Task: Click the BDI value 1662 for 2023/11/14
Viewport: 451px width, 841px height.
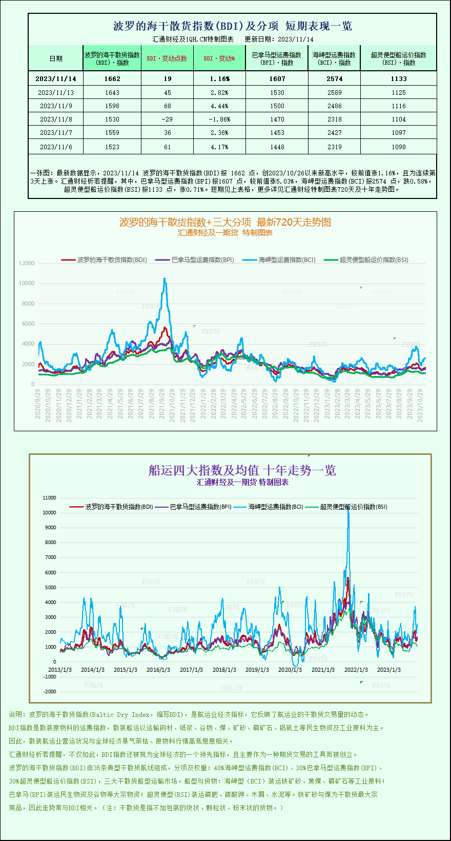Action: point(112,79)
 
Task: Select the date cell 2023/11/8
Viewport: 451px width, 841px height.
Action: point(56,119)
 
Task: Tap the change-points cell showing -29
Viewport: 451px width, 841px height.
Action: point(167,119)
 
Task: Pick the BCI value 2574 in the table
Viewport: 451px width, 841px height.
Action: point(334,79)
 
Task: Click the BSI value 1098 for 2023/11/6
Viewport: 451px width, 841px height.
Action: point(398,147)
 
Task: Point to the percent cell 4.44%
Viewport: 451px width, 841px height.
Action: point(219,106)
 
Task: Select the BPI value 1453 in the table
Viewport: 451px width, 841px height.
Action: point(277,133)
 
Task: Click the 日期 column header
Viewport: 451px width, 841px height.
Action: point(56,58)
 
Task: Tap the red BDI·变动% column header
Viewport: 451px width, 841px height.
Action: point(219,58)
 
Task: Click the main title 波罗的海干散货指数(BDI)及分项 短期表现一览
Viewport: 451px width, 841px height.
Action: point(232,26)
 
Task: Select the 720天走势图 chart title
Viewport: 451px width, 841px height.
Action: point(225,222)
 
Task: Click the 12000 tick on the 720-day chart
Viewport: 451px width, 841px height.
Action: point(27,263)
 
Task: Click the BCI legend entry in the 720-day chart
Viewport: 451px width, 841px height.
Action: point(281,260)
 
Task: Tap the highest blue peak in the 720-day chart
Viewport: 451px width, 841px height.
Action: point(165,279)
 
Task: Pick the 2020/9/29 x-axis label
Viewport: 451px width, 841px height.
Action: point(38,404)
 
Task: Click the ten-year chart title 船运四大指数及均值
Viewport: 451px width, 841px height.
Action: point(242,470)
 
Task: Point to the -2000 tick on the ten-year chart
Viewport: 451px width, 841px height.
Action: point(50,692)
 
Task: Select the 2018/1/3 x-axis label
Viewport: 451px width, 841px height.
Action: point(224,670)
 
